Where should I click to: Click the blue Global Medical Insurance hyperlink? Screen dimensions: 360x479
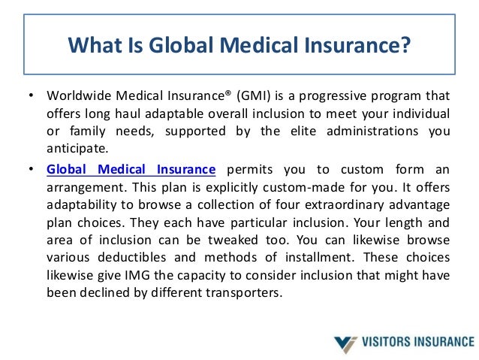click(131, 171)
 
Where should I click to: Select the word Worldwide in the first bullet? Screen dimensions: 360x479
click(74, 97)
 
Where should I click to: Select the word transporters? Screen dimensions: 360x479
click(246, 292)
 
